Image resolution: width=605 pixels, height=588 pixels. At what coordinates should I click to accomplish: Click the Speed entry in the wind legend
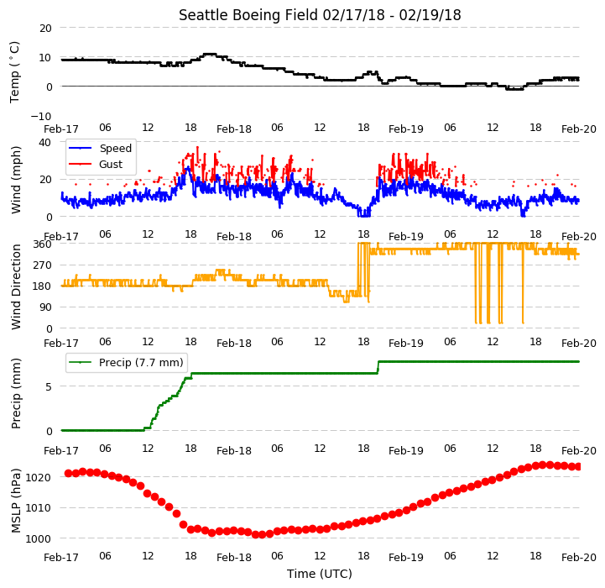coord(115,149)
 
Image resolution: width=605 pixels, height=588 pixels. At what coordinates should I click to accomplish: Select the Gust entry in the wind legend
coord(111,164)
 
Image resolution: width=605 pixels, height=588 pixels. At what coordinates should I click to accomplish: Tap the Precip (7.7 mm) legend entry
coord(141,362)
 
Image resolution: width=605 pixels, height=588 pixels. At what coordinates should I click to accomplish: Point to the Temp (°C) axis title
coord(14,72)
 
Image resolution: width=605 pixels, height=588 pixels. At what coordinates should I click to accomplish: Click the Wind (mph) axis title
coord(16,180)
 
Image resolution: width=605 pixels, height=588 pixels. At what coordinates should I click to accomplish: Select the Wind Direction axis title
coord(16,286)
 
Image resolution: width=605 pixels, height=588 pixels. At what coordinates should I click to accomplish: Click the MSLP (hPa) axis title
coord(16,501)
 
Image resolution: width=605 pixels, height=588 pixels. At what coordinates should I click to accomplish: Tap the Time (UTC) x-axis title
coord(320,574)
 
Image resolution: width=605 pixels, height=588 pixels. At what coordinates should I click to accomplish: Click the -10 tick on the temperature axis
coord(41,116)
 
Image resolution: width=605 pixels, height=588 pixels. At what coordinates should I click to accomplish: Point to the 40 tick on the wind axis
coord(44,143)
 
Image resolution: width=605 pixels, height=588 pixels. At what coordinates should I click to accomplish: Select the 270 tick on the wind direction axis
coord(43,265)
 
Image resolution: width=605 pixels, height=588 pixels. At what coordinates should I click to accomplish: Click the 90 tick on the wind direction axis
coord(45,307)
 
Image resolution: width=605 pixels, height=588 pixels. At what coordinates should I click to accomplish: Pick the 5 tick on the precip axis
coord(49,386)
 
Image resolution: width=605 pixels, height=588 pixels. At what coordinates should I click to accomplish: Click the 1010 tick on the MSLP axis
coord(39,508)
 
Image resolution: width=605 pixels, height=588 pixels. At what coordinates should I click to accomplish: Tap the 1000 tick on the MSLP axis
coord(39,539)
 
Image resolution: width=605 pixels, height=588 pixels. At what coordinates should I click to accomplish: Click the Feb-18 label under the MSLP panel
coord(234,558)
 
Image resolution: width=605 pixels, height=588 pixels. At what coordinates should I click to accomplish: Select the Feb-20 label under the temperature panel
coord(579,129)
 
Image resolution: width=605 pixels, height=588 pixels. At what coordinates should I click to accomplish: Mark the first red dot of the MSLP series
coord(68,473)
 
